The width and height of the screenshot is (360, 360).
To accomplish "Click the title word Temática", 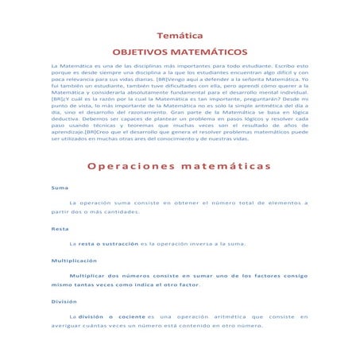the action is pos(180,36).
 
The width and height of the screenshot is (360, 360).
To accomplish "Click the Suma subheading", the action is pos(60,190).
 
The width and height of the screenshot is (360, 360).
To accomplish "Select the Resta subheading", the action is pos(60,229).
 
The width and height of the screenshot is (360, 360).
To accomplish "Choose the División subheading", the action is pos(64,301).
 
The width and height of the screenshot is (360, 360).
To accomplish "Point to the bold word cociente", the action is pos(140,317).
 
